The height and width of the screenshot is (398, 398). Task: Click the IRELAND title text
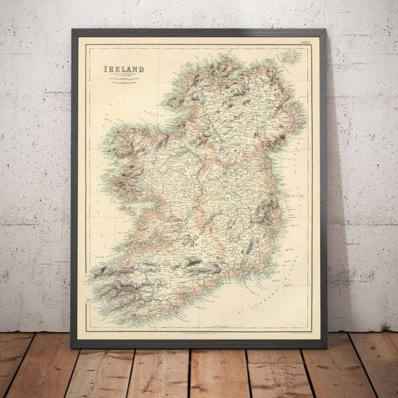pos(123,69)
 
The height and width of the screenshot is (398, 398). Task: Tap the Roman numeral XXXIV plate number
pos(306,42)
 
